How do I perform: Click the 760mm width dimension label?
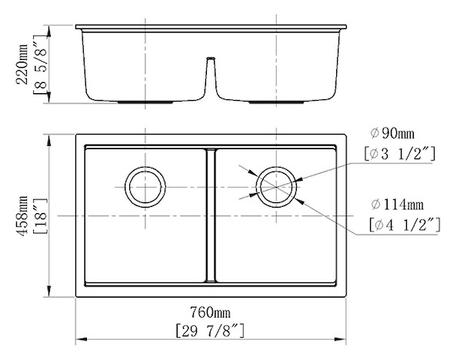coord(210,312)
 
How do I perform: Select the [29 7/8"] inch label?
coord(210,331)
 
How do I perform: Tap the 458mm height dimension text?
coord(22,216)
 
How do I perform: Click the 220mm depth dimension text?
coord(22,64)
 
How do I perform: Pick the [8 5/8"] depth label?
coord(40,65)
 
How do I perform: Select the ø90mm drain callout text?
coord(392,134)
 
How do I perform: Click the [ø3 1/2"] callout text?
coord(399,154)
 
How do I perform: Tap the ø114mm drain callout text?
coord(398,205)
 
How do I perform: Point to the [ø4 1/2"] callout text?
coord(405,225)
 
